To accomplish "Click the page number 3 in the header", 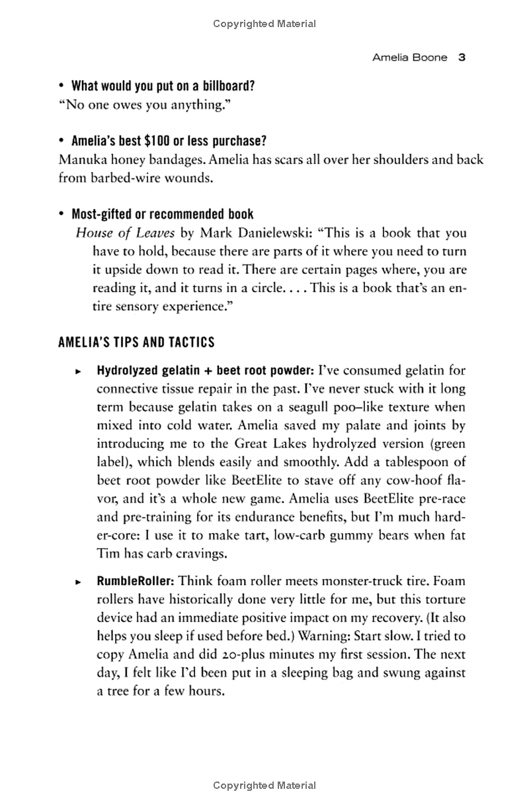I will pos(463,58).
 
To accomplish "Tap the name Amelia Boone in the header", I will pos(409,58).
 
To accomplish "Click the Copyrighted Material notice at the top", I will pos(264,24).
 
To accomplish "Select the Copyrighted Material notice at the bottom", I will pos(264,786).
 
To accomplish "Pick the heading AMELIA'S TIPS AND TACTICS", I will pos(136,342).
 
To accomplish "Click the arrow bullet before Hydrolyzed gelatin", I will pos(78,370).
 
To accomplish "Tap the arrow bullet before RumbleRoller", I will pos(78,582).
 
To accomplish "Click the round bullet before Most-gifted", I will pos(61,215).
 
